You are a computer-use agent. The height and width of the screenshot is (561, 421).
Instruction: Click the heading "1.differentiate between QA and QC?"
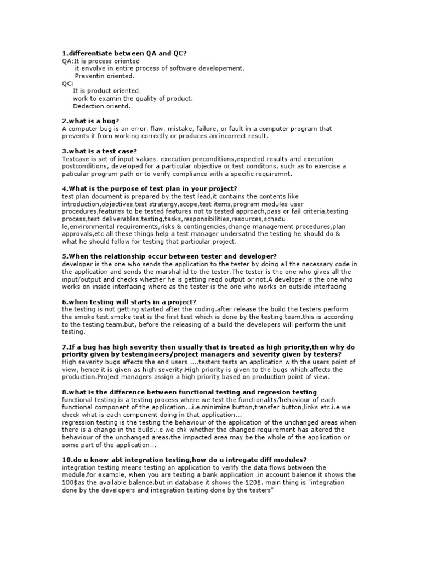pyautogui.click(x=125, y=53)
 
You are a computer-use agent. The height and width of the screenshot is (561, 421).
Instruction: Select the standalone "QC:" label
pyautogui.click(x=67, y=83)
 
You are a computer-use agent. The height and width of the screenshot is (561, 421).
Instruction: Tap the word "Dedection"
pyautogui.click(x=89, y=106)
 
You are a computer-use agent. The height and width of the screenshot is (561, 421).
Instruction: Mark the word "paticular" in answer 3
pyautogui.click(x=77, y=174)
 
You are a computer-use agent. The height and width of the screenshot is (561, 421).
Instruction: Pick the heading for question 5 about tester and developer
pyautogui.click(x=169, y=256)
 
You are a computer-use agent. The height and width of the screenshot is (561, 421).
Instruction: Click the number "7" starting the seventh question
pyautogui.click(x=64, y=347)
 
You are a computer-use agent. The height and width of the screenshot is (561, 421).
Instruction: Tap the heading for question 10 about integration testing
pyautogui.click(x=184, y=460)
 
